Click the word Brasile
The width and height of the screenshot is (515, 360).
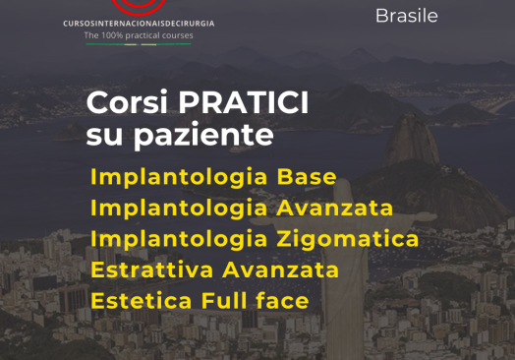tap(407, 16)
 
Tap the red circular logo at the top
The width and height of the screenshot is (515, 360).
tap(138, 6)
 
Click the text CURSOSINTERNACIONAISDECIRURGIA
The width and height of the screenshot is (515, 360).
tap(138, 23)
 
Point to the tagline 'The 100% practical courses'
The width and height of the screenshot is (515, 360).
tap(139, 35)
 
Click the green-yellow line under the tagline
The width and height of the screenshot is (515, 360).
tap(139, 43)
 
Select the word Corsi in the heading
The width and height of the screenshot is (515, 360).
tap(119, 103)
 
